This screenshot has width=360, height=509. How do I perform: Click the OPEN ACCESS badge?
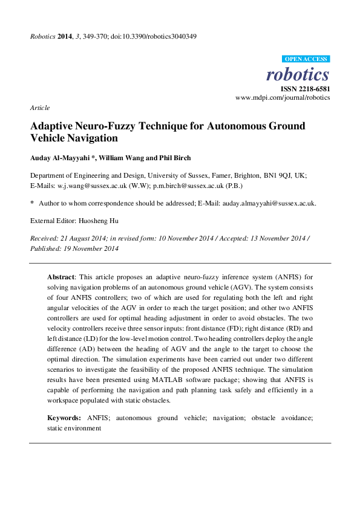tap(306, 59)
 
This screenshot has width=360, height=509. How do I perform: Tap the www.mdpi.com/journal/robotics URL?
tap(283, 97)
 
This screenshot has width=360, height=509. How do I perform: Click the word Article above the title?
tap(39, 108)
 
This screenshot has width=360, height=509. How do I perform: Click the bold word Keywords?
tap(64, 418)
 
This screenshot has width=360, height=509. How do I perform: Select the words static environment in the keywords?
tap(74, 427)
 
